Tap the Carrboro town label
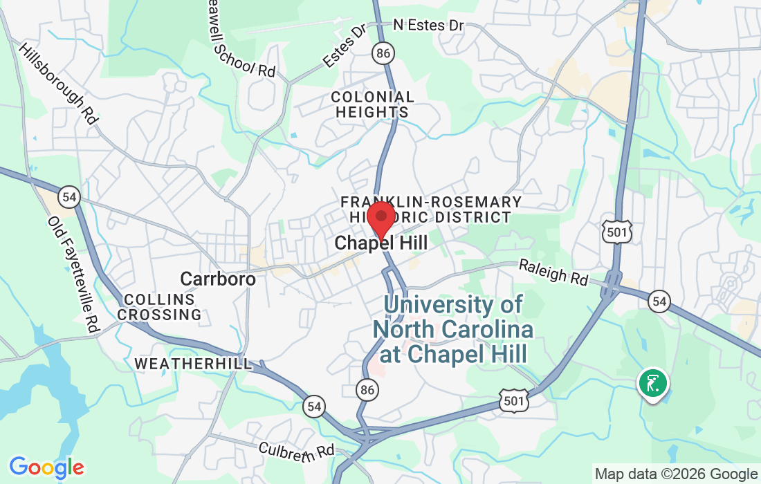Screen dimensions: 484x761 coord(218,279)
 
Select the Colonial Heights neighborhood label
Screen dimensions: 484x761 coord(372,104)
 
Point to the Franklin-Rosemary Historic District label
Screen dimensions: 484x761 coord(431,210)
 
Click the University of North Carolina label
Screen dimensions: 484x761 coord(453,329)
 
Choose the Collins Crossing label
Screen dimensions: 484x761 coord(159,307)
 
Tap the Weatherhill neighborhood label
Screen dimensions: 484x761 coord(193,363)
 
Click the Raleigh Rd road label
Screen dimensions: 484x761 coord(553,273)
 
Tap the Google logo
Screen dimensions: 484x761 coord(46,468)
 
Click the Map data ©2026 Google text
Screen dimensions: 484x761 coord(676,474)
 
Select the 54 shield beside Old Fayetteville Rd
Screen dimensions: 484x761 coord(68,196)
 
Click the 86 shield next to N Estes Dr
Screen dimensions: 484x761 coord(380,52)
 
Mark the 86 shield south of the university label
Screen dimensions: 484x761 coord(367,390)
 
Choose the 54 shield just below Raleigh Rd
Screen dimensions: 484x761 coord(659,301)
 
